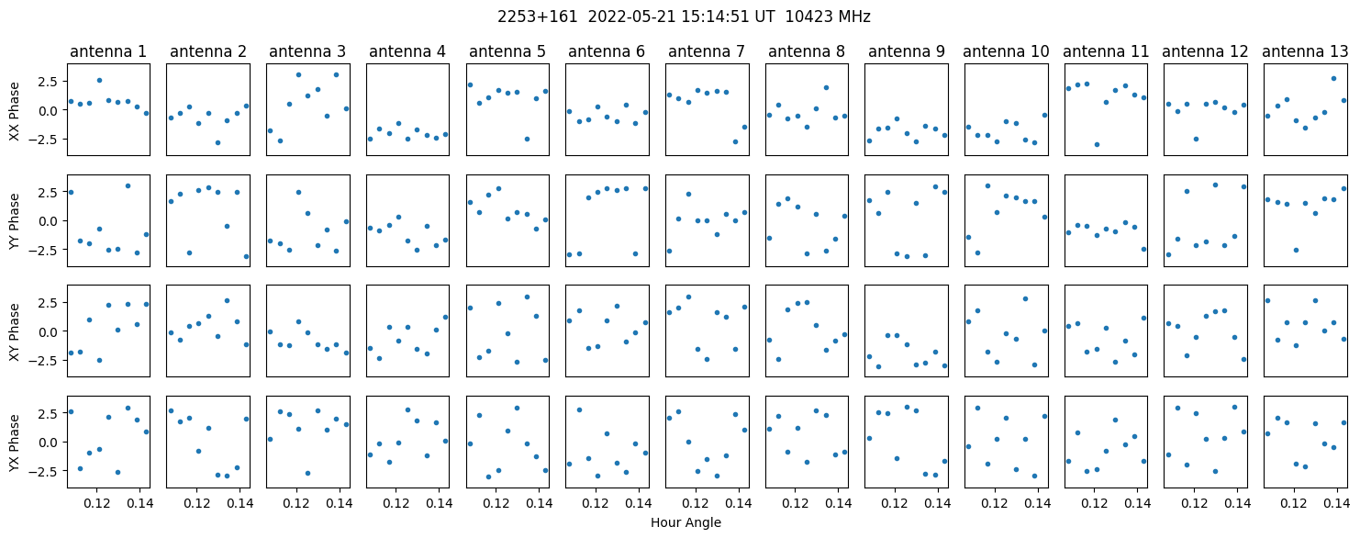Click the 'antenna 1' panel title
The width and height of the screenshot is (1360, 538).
(108, 52)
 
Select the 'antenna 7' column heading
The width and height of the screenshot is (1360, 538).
(707, 52)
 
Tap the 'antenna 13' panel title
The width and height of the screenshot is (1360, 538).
(1305, 52)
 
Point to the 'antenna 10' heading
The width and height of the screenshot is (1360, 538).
(1006, 52)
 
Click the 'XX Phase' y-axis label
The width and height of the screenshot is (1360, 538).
(15, 111)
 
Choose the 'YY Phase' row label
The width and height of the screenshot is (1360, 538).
(15, 221)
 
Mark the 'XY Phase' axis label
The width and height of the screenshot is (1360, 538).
(15, 331)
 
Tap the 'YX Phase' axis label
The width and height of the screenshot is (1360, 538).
(15, 442)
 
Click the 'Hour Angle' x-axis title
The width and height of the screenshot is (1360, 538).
(686, 522)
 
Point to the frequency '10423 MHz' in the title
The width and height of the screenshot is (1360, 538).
(828, 17)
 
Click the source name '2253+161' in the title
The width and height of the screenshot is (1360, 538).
(538, 17)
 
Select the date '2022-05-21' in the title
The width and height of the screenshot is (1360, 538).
(631, 17)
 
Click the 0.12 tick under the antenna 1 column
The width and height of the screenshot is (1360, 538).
(97, 503)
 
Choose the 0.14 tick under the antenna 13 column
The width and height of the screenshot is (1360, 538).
(1336, 503)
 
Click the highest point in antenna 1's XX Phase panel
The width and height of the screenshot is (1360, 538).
(100, 80)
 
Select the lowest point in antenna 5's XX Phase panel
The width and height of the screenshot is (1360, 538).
(527, 139)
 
